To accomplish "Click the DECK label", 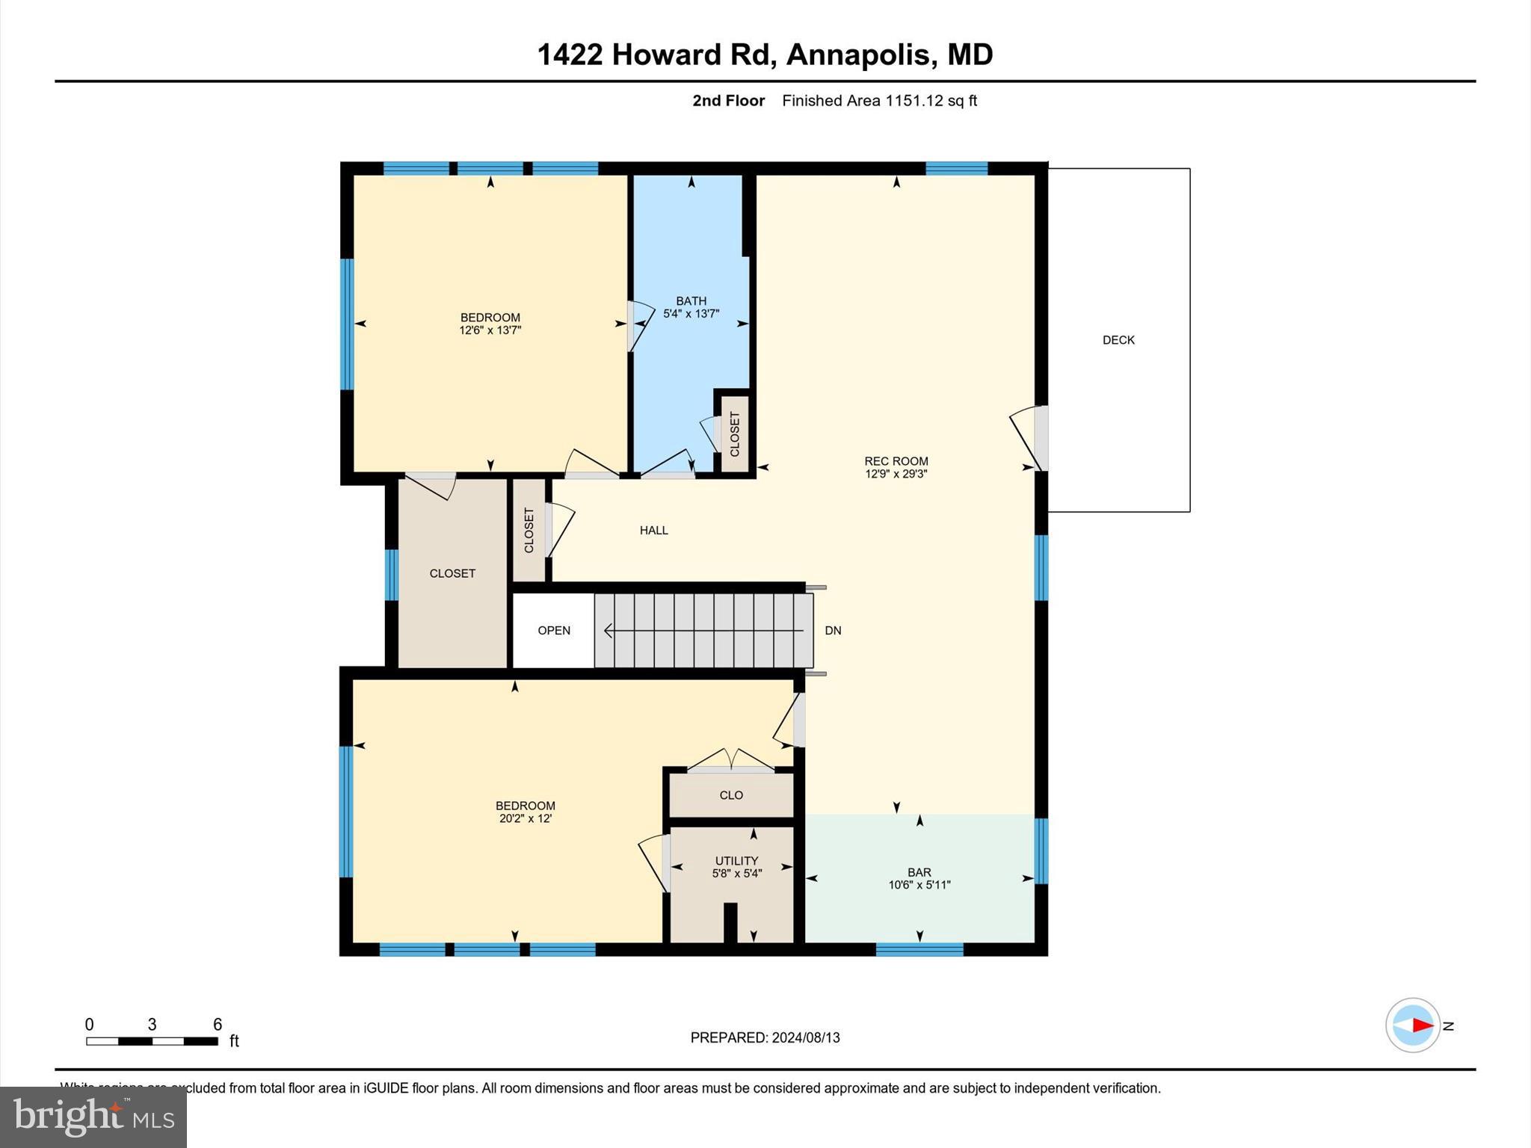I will pyautogui.click(x=1118, y=340).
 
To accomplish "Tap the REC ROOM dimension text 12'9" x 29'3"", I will pyautogui.click(x=896, y=474).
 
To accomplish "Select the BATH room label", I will pyautogui.click(x=691, y=301).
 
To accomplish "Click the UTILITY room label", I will pyautogui.click(x=736, y=860).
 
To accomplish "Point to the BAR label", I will pyautogui.click(x=919, y=872).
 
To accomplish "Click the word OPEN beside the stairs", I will pyautogui.click(x=554, y=631).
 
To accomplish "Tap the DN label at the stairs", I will pyautogui.click(x=833, y=631).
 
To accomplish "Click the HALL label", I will pyautogui.click(x=653, y=531).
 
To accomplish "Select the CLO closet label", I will pyautogui.click(x=731, y=795).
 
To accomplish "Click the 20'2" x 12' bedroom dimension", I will pyautogui.click(x=526, y=818).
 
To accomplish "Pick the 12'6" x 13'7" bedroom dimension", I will pyautogui.click(x=490, y=330).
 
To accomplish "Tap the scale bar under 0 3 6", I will pyautogui.click(x=152, y=1041).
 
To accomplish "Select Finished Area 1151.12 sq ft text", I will pyautogui.click(x=879, y=101).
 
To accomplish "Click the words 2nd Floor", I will pyautogui.click(x=728, y=101).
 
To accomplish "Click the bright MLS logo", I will pyautogui.click(x=93, y=1117).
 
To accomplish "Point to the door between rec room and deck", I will pyautogui.click(x=1040, y=438).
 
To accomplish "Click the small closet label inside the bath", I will pyautogui.click(x=734, y=434).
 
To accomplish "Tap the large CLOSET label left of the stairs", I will pyautogui.click(x=452, y=573).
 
